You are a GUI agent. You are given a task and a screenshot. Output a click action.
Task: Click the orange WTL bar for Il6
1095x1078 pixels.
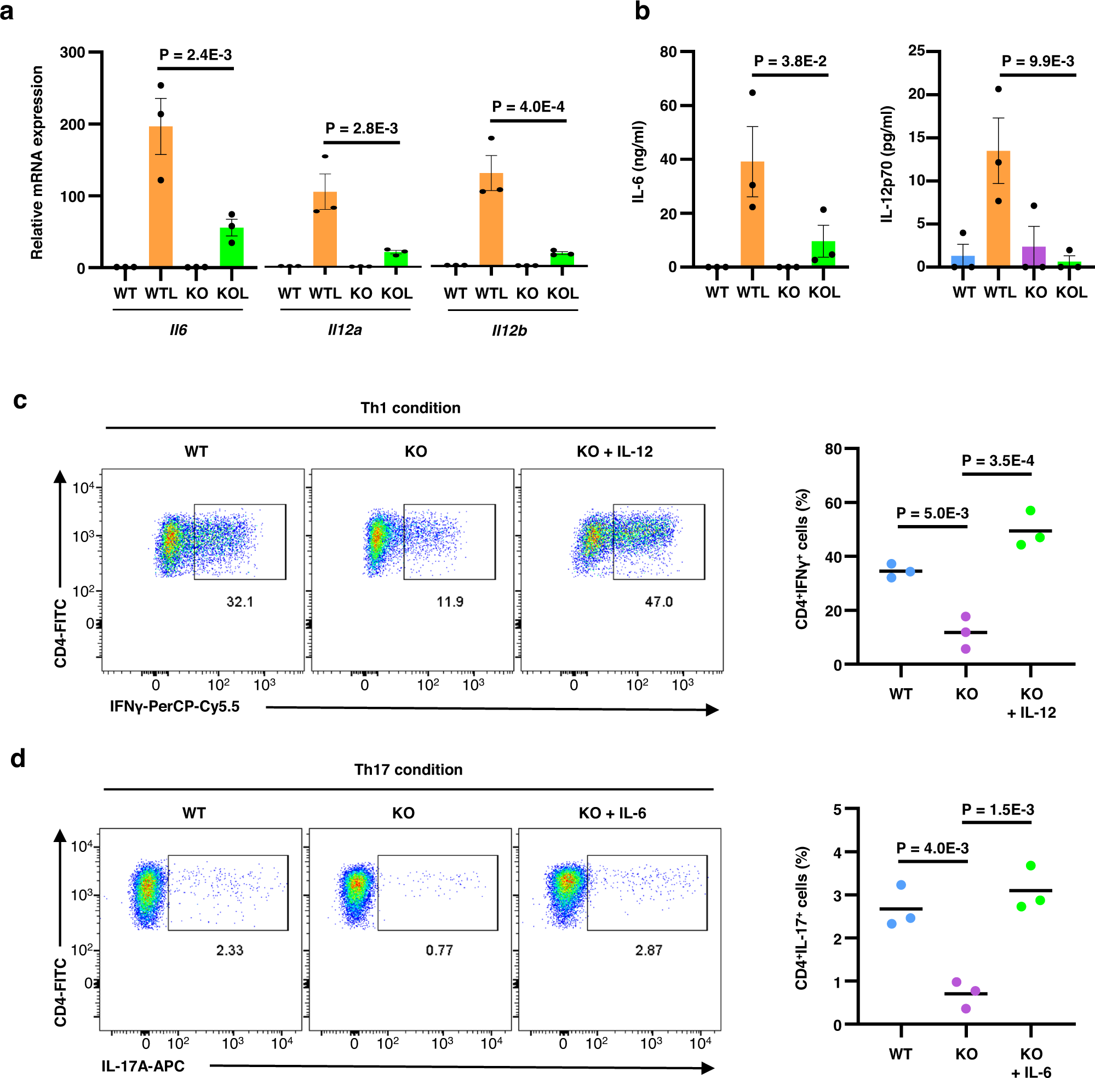160,198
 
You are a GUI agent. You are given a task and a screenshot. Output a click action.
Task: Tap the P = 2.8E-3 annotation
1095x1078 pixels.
362,129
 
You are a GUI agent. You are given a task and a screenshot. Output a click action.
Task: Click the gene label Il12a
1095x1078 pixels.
345,330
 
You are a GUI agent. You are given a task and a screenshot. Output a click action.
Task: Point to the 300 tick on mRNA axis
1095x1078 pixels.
72,53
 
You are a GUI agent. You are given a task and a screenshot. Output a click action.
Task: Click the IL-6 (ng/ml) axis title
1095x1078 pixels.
638,162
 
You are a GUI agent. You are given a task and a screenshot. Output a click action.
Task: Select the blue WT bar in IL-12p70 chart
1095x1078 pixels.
962,261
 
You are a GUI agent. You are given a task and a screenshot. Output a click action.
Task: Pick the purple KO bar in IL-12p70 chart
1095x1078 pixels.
1034,256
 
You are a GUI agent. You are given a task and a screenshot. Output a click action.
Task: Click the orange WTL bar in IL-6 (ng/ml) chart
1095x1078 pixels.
752,215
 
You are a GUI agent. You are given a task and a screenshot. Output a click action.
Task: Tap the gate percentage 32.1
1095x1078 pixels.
239,602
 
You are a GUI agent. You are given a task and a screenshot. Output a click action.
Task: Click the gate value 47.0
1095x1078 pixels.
659,602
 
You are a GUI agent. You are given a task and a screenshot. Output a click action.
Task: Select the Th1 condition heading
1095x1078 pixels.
410,408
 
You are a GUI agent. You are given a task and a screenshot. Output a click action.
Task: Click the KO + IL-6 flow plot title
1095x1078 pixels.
612,814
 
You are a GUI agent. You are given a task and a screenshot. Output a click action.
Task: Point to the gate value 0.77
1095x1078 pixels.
439,950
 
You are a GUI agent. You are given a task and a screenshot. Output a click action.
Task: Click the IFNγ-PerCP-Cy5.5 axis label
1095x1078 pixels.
175,707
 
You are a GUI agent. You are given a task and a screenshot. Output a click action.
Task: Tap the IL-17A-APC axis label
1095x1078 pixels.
143,1066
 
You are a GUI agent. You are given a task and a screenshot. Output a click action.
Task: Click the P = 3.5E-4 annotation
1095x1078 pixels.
997,461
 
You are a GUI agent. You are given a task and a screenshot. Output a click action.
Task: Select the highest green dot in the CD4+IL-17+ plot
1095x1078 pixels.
1030,866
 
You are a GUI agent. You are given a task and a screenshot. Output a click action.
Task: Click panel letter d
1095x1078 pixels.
18,758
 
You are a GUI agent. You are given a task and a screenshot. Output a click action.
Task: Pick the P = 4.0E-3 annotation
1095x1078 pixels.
932,848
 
